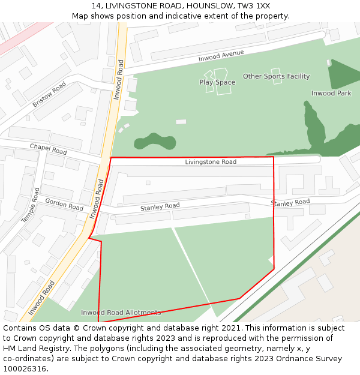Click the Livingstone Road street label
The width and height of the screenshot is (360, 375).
tap(211, 162)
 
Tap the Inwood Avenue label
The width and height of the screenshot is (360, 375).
tap(221, 56)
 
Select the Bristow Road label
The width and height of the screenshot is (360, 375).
tap(49, 95)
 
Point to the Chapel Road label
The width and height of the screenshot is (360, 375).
tap(49, 149)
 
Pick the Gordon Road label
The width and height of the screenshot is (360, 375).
tap(64, 205)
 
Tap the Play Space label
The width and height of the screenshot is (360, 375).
tap(217, 83)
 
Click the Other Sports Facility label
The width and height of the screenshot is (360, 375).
tap(276, 77)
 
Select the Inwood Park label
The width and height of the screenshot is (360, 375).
tap(331, 94)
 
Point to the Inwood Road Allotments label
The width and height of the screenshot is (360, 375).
tap(121, 313)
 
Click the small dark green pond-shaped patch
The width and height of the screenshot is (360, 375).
tap(155, 142)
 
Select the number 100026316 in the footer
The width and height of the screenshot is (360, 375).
tap(25, 369)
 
